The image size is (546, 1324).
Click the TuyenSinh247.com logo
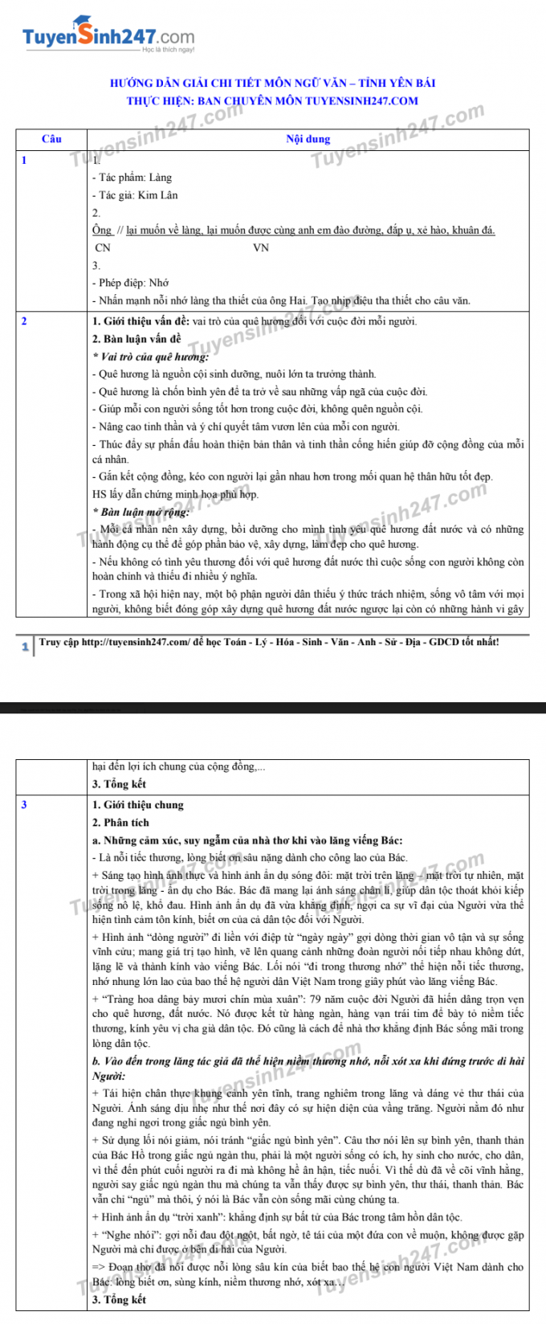(x=108, y=36)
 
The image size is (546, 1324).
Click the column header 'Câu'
(x=51, y=139)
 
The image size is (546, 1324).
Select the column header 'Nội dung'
(x=308, y=139)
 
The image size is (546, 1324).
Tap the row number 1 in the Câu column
(x=24, y=160)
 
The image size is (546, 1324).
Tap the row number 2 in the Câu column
(x=24, y=321)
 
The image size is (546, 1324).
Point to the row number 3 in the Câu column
(x=24, y=804)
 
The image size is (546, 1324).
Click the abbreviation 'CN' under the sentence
(x=103, y=248)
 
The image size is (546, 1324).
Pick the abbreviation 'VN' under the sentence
(x=261, y=248)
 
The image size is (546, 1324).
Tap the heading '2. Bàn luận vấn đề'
(x=136, y=339)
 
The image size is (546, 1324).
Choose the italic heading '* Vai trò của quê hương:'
(x=150, y=357)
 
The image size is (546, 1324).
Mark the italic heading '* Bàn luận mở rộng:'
(x=141, y=512)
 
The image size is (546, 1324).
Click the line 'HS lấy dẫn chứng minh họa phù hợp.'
(x=175, y=494)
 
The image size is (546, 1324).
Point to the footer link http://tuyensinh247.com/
(x=136, y=642)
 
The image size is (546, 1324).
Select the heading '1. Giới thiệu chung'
(x=138, y=804)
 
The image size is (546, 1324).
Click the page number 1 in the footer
(x=25, y=646)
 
